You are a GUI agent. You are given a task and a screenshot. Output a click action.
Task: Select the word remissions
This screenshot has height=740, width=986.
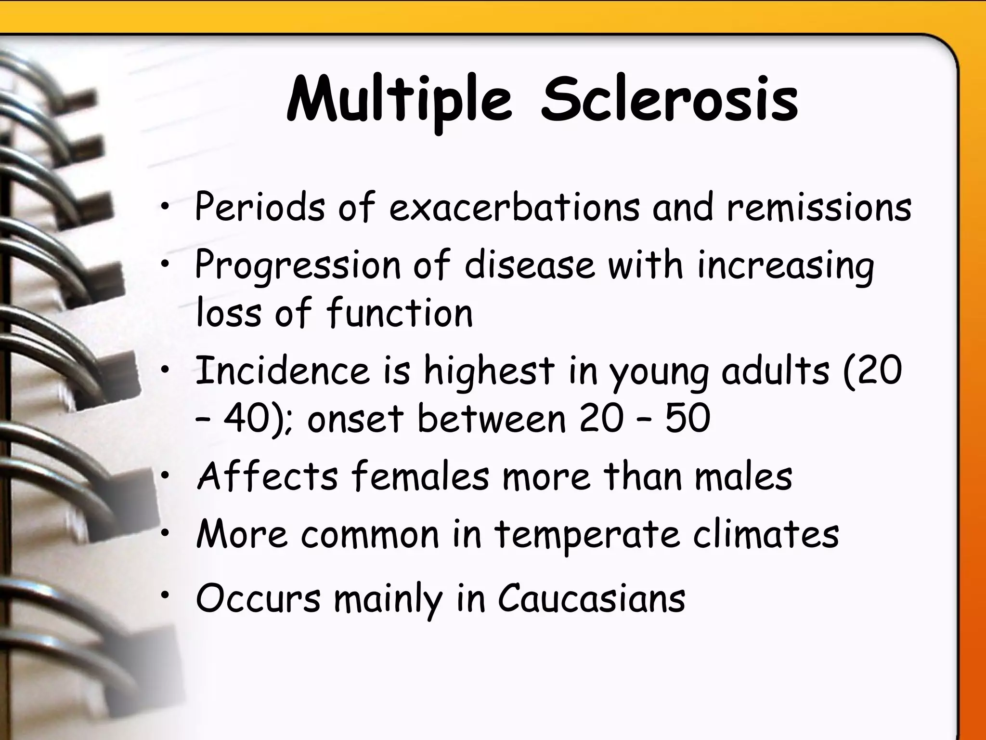tap(819, 207)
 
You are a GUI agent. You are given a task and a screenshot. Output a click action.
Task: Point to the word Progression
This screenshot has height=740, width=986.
tap(297, 266)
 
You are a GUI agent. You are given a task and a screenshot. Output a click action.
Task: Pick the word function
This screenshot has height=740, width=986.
tap(399, 313)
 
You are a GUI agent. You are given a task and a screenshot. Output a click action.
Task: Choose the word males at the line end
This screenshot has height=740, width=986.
tap(743, 476)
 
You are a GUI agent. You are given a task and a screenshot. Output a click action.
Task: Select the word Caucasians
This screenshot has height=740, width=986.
tap(591, 599)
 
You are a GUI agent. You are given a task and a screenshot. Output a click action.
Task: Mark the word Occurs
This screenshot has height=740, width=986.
tap(258, 599)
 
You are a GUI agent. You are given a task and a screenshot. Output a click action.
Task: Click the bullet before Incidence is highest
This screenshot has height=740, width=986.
tap(165, 370)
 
